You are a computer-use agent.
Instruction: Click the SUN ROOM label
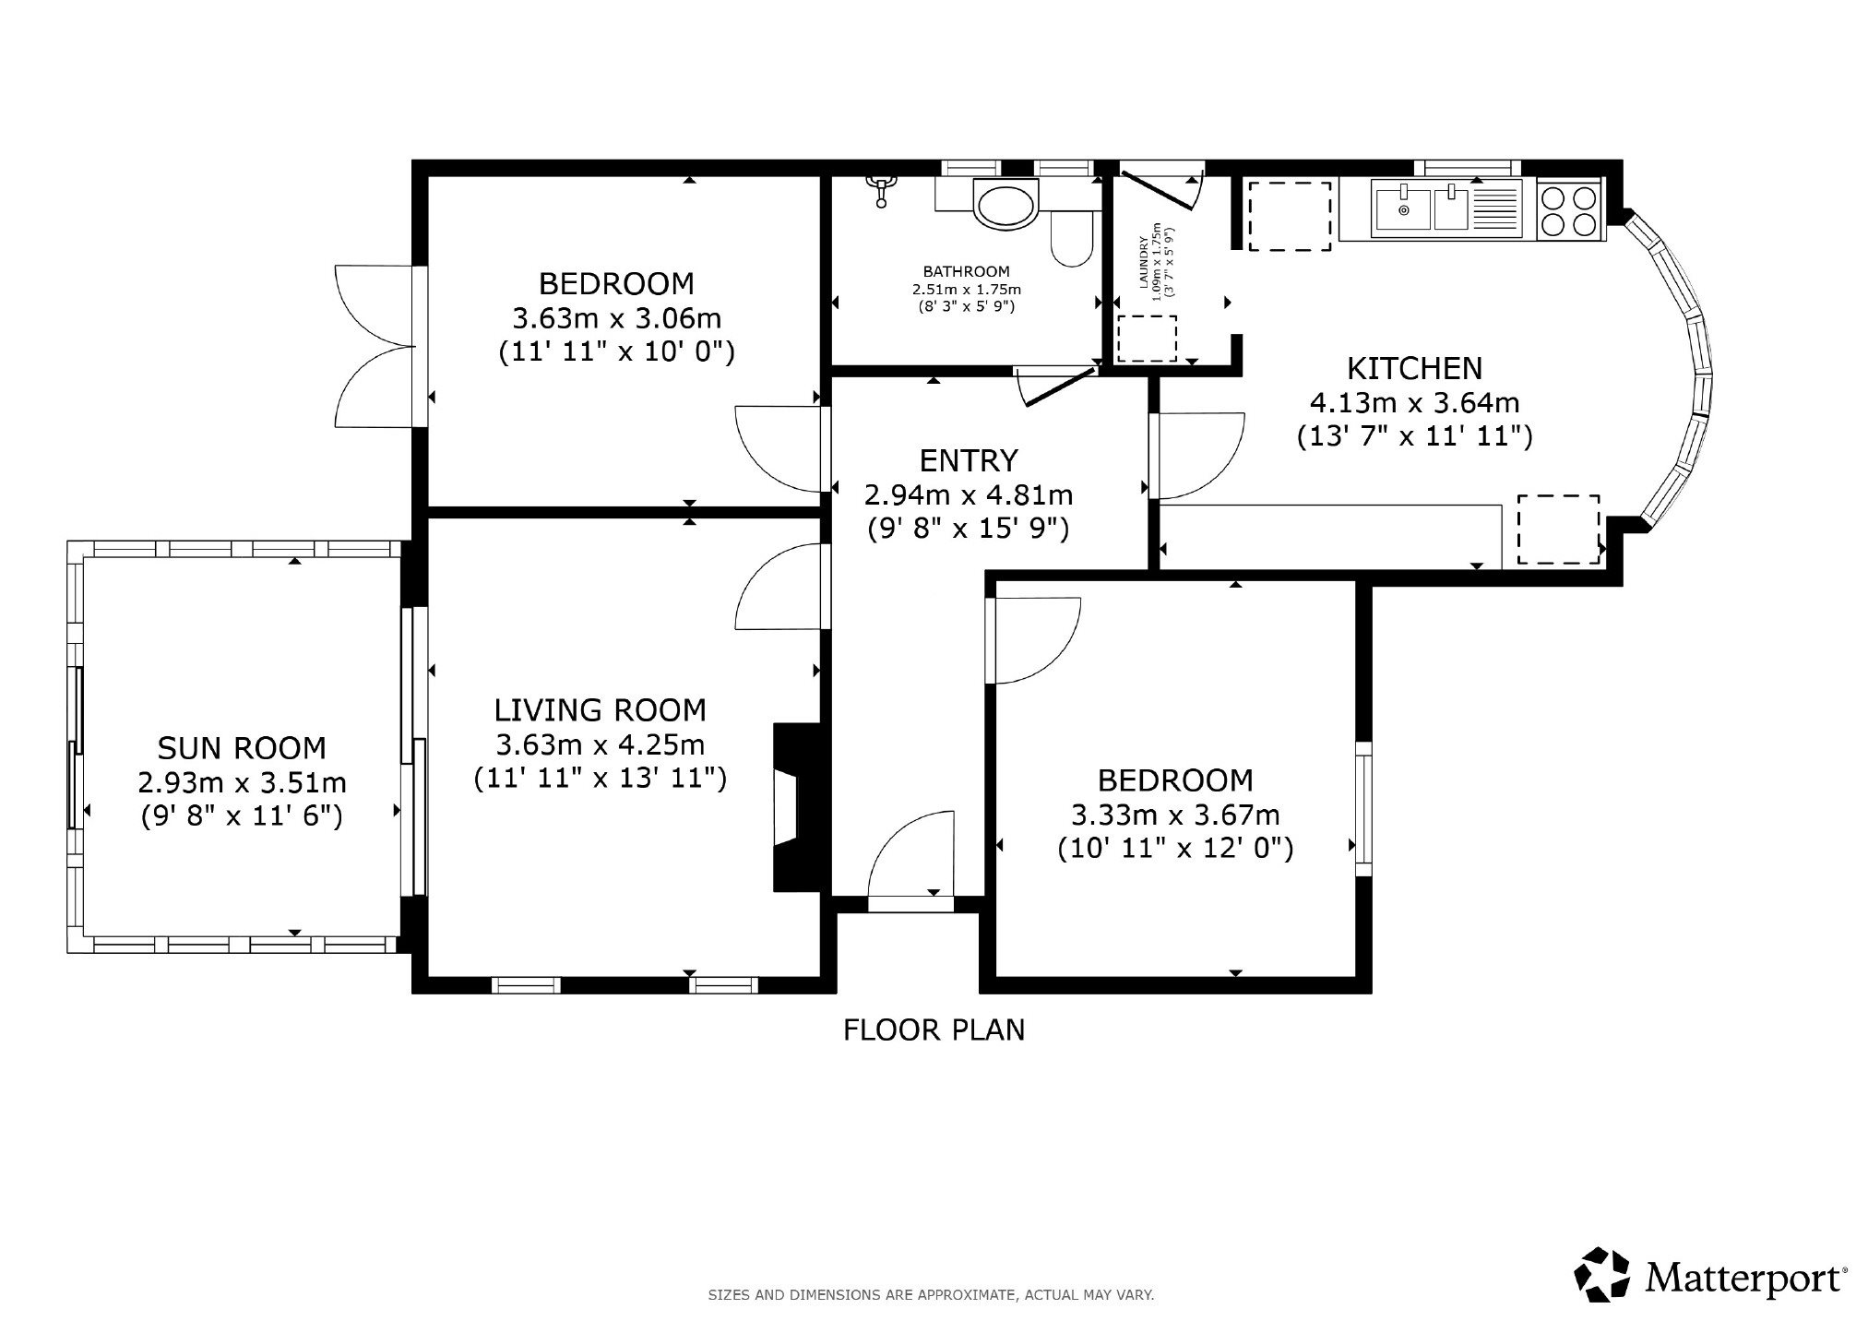point(242,746)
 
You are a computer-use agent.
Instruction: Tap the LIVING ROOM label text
point(601,709)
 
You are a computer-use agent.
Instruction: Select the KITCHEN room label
point(1415,368)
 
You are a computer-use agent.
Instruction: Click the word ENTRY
point(969,459)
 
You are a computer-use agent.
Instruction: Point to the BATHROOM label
point(967,271)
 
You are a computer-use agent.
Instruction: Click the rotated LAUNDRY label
point(1145,264)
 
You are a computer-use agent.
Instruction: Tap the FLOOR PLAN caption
point(934,1029)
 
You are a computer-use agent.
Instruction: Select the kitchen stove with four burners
point(1570,211)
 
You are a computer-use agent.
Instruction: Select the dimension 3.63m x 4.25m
point(601,744)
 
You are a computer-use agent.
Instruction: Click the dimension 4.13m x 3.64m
point(1415,402)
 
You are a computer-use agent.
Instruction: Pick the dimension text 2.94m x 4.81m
point(969,495)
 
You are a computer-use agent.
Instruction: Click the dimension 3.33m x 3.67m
point(1175,815)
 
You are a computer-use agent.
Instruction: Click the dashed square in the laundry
point(1148,339)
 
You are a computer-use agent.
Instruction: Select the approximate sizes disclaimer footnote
point(931,1295)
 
